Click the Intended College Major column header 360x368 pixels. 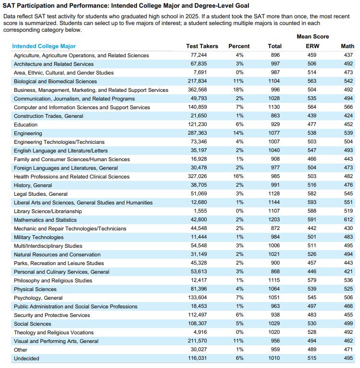click(44, 46)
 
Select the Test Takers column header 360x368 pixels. click(202, 46)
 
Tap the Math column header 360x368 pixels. click(347, 46)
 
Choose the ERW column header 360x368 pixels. click(312, 46)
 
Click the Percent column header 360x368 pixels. click(239, 46)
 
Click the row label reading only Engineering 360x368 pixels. click(28, 133)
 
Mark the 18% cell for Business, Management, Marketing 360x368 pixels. click(239, 90)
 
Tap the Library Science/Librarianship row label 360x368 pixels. click(48, 211)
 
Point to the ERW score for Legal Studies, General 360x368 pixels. click(312, 194)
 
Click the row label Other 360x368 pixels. click(21, 350)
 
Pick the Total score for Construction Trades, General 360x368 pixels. click(275, 116)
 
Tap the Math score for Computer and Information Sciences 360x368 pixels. click(347, 107)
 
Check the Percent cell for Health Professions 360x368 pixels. click(239, 177)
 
